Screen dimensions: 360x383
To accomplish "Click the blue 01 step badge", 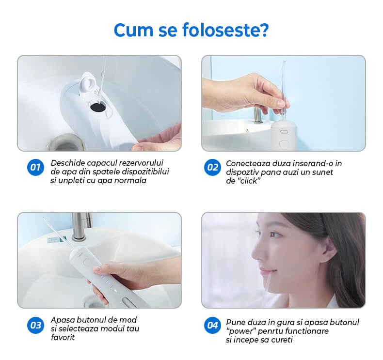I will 35,168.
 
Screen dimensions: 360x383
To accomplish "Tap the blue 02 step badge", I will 212,168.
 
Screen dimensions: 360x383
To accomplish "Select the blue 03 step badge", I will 35,325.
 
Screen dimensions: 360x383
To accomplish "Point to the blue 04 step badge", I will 212,325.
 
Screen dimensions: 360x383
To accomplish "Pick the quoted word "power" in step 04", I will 241,331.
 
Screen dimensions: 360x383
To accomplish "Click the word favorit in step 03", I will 63,337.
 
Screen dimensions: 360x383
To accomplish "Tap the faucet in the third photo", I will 80,225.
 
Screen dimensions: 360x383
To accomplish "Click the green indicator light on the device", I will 115,291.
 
